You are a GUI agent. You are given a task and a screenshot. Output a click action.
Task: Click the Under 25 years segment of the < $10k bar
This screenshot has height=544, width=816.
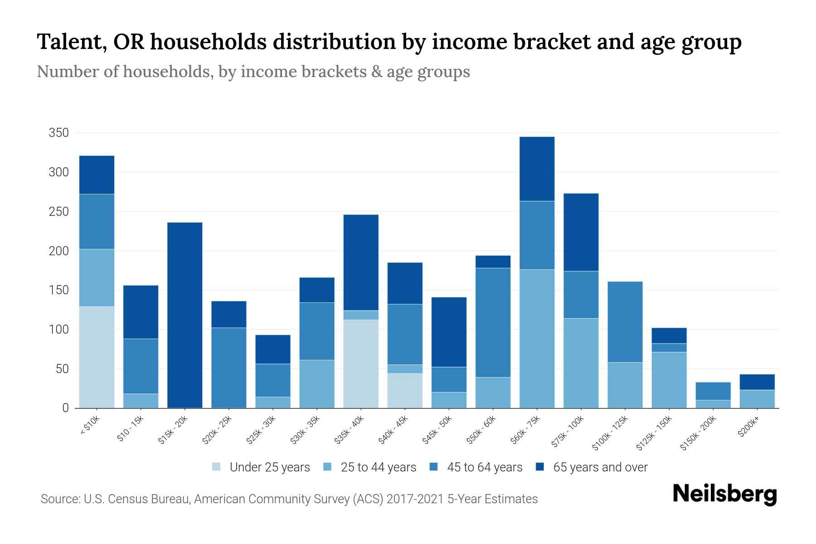click(97, 357)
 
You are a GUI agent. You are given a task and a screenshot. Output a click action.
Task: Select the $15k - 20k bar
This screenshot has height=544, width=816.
click(185, 315)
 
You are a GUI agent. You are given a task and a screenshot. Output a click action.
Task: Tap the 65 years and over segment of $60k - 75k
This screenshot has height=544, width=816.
click(537, 169)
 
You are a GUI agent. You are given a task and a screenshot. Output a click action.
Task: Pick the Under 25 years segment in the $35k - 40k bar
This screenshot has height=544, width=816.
click(361, 364)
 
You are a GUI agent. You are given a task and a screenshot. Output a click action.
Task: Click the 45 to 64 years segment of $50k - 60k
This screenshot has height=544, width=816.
click(493, 322)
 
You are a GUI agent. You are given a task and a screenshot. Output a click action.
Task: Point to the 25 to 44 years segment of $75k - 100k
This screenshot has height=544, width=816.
click(581, 363)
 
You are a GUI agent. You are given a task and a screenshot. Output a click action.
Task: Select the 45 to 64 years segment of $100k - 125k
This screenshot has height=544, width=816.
click(625, 322)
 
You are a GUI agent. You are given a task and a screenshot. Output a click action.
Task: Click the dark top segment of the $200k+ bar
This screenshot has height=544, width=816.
click(757, 382)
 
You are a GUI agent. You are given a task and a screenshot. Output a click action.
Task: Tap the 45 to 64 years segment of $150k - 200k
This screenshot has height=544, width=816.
click(713, 391)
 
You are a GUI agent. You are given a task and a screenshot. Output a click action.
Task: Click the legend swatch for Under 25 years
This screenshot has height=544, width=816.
click(216, 467)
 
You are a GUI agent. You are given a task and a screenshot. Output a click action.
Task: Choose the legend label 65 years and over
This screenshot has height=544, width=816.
click(600, 467)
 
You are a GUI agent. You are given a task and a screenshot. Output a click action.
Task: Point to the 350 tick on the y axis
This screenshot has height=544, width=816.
click(58, 133)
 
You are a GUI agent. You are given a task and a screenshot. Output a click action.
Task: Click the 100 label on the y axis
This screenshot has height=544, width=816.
click(58, 330)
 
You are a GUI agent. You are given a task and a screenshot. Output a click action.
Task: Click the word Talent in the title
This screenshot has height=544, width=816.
click(71, 42)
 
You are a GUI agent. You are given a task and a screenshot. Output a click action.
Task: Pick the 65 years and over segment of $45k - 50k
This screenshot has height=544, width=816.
click(449, 332)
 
